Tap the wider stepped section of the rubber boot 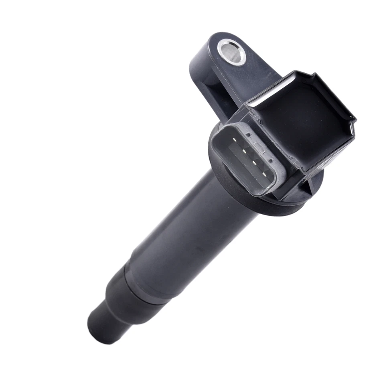132,293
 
